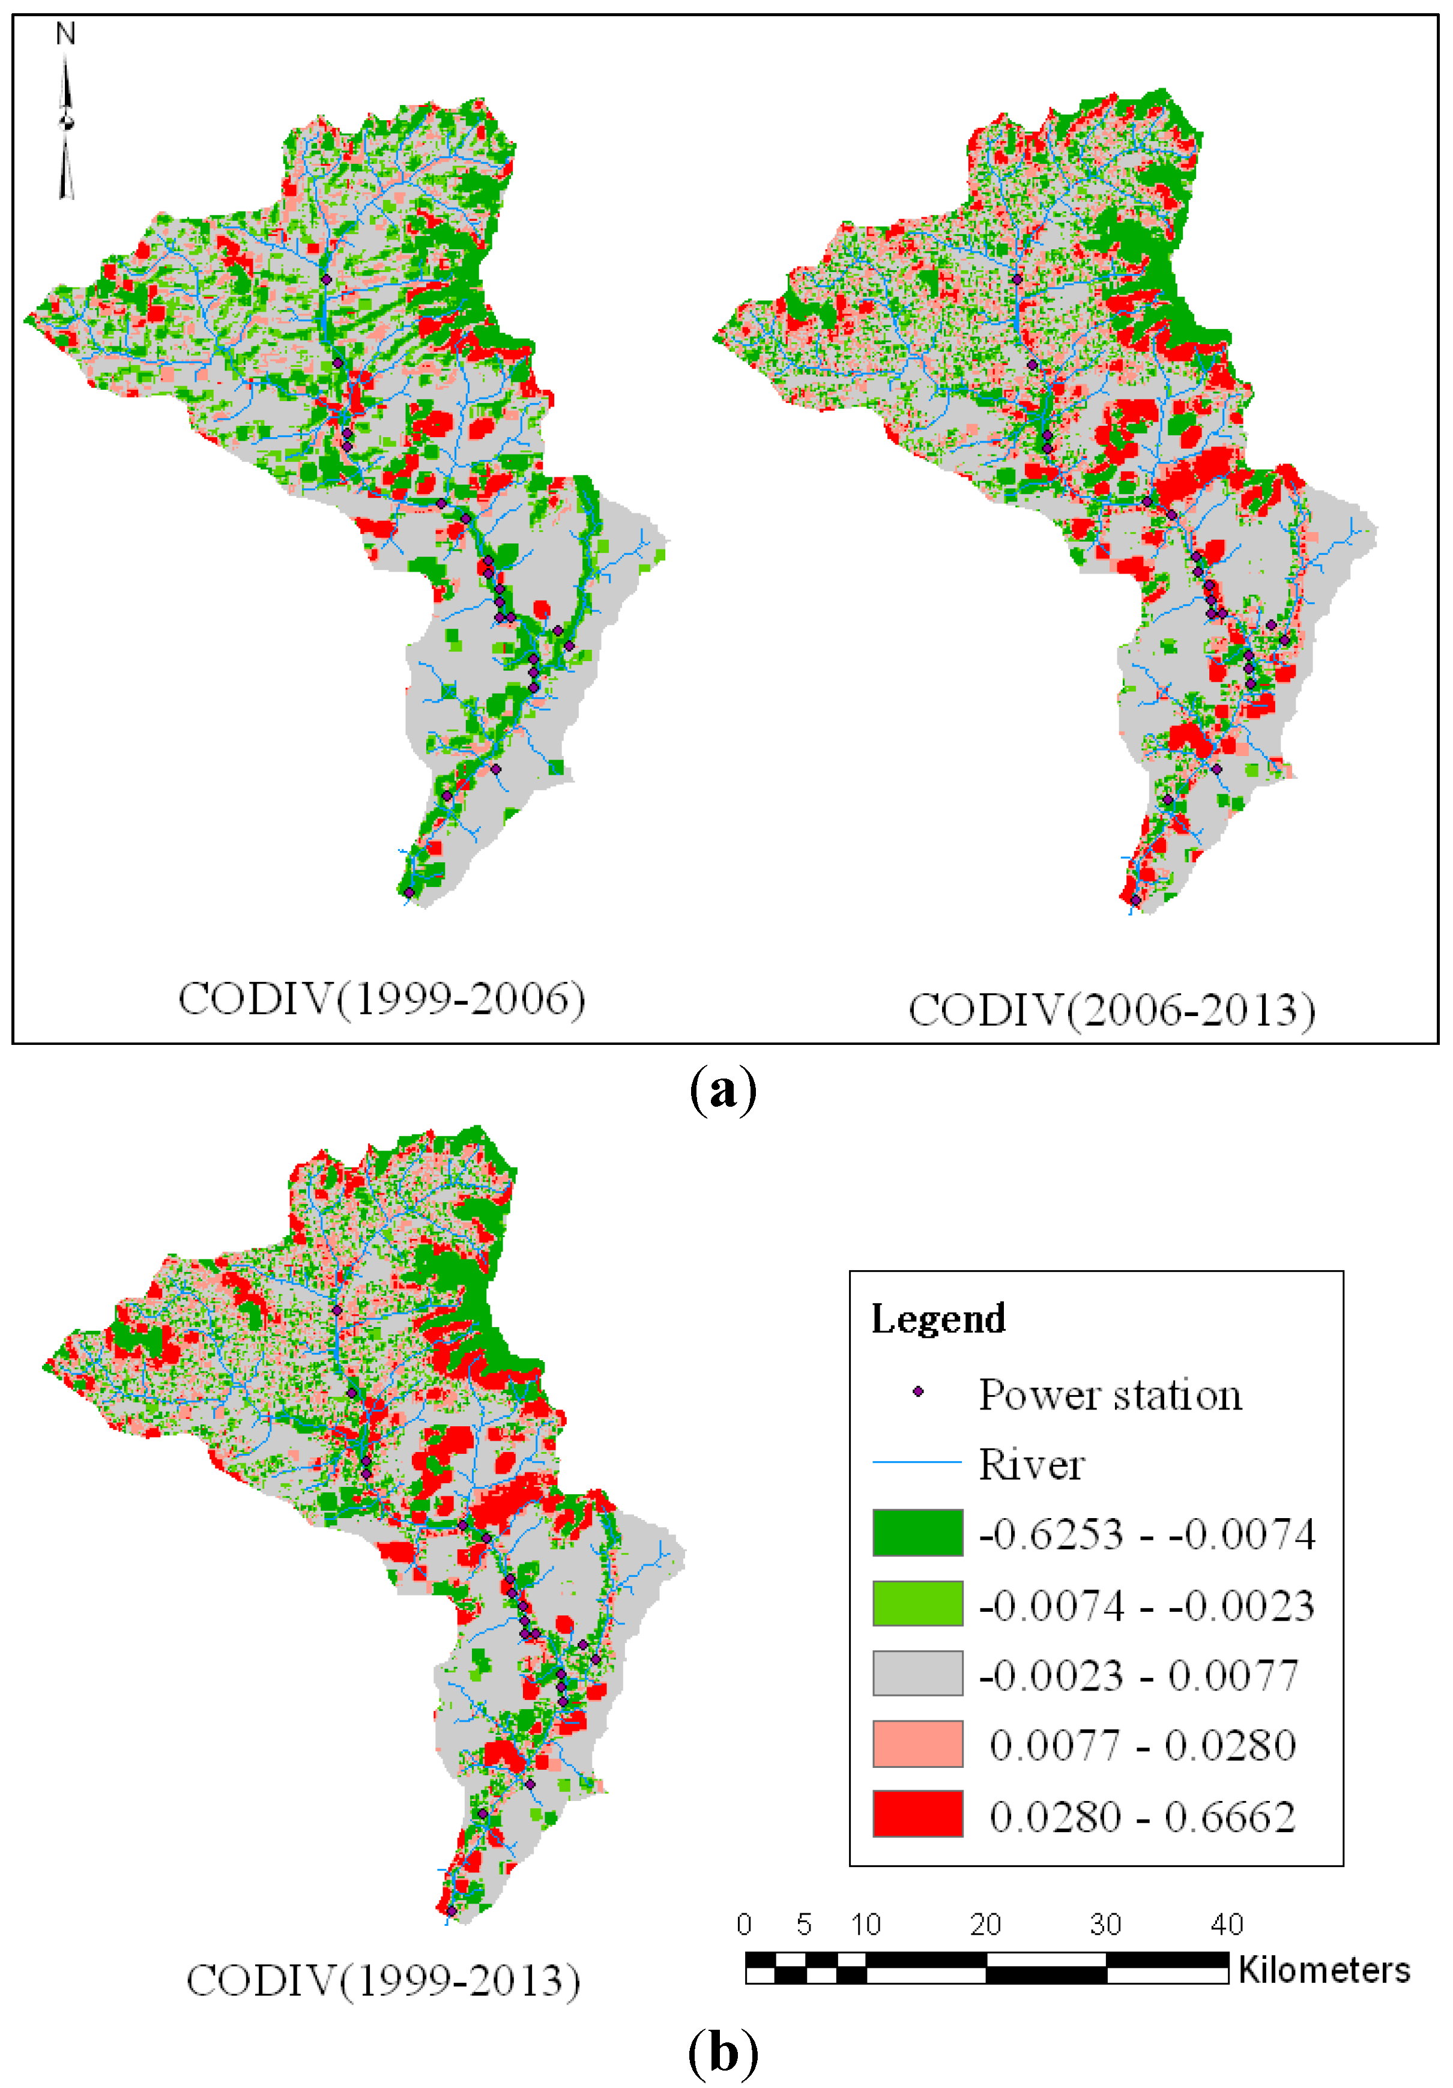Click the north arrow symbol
pos(65,127)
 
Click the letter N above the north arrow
pos(65,35)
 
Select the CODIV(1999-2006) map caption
pos(381,999)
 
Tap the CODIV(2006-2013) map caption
pos(1111,1010)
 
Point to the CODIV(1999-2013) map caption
pos(383,1980)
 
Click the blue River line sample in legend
pos(917,1462)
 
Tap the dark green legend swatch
pos(917,1533)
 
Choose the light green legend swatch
pos(917,1603)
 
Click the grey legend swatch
pos(917,1673)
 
